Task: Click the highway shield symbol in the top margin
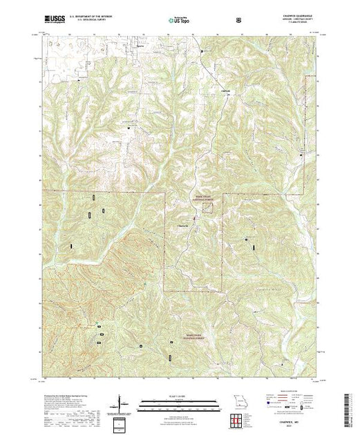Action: pyautogui.click(x=238, y=20)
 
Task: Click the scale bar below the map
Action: pyautogui.click(x=178, y=401)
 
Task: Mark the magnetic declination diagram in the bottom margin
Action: pyautogui.click(x=122, y=403)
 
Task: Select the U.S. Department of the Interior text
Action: pyautogui.click(x=89, y=16)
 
